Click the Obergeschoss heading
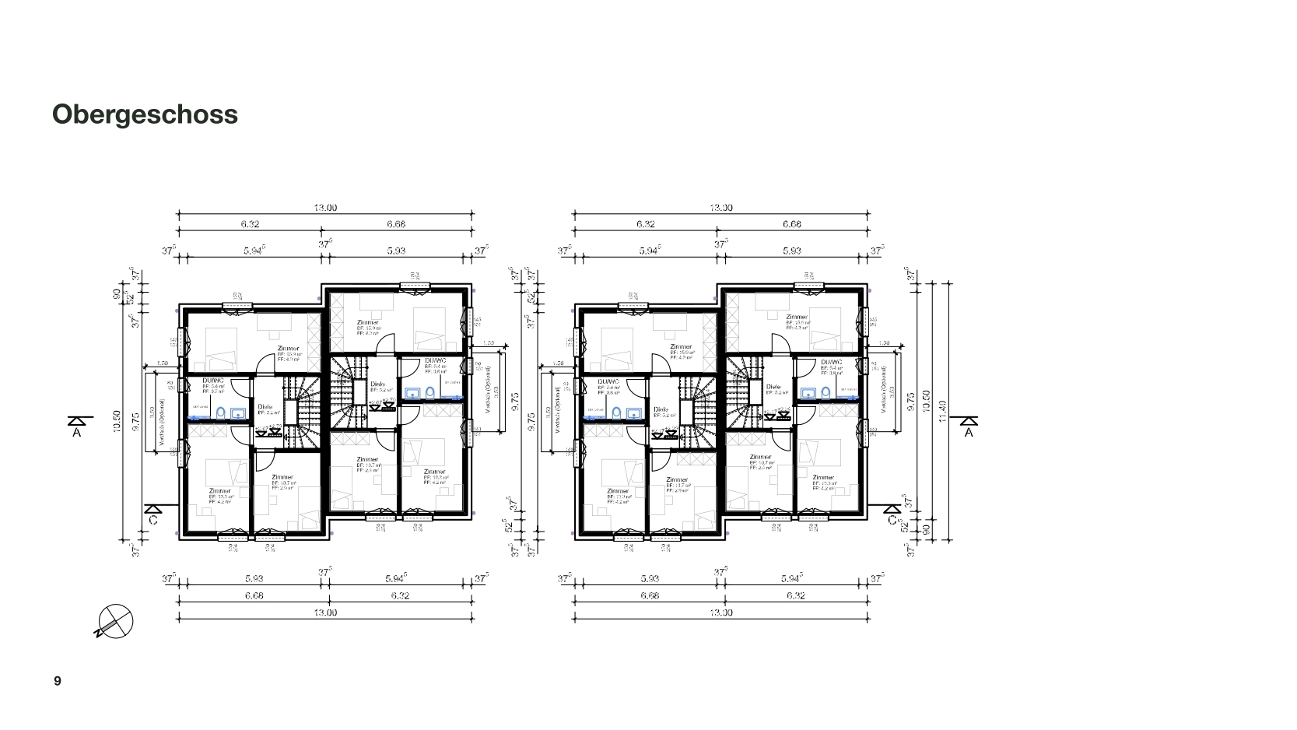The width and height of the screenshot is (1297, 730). pyautogui.click(x=145, y=114)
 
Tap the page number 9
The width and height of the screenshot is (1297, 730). pyautogui.click(x=58, y=682)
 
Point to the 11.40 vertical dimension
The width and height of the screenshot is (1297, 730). pyautogui.click(x=942, y=405)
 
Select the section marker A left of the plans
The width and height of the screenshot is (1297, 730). pyautogui.click(x=76, y=426)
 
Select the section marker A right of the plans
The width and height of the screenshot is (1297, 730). pyautogui.click(x=969, y=426)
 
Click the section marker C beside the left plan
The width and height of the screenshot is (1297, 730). pyautogui.click(x=152, y=514)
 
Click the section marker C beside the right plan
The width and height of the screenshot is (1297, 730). pyautogui.click(x=891, y=514)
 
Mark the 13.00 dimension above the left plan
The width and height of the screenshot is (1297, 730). pyautogui.click(x=325, y=208)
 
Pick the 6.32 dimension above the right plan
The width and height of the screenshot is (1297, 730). pyautogui.click(x=645, y=224)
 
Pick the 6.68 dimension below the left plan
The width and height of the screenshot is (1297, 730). pyautogui.click(x=254, y=596)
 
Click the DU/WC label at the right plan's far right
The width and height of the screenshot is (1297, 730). pyautogui.click(x=831, y=362)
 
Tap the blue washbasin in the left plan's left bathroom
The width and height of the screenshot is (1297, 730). pyautogui.click(x=239, y=413)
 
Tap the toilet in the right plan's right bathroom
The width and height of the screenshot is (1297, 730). pyautogui.click(x=824, y=393)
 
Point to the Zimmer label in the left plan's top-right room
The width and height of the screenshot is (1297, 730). pyautogui.click(x=367, y=322)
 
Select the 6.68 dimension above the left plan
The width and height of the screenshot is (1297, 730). pyautogui.click(x=396, y=224)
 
